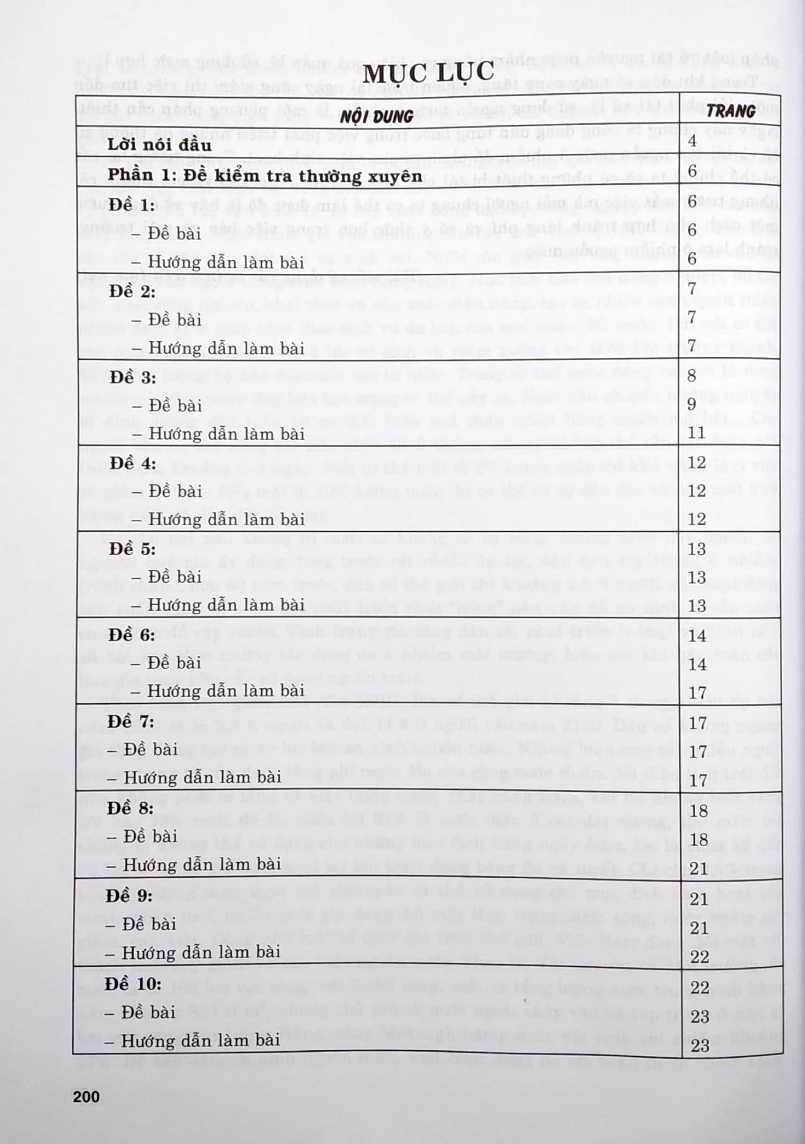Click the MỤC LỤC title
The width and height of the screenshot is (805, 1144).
428,73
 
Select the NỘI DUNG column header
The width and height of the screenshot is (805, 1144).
376,117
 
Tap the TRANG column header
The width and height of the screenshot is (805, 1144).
731,111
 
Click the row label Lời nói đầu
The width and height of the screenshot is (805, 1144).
159,145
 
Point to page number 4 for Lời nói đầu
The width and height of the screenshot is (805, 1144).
692,141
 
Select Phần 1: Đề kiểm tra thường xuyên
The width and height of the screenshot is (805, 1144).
265,175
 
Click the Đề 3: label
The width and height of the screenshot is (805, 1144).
133,377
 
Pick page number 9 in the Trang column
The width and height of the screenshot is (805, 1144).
692,404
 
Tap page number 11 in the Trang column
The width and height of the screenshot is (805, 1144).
696,432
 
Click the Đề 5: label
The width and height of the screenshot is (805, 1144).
133,549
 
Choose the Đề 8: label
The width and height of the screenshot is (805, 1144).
130,808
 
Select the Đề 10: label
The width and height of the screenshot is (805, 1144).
133,984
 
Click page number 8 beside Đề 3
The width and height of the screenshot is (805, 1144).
692,375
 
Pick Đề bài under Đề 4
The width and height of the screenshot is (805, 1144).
167,491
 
